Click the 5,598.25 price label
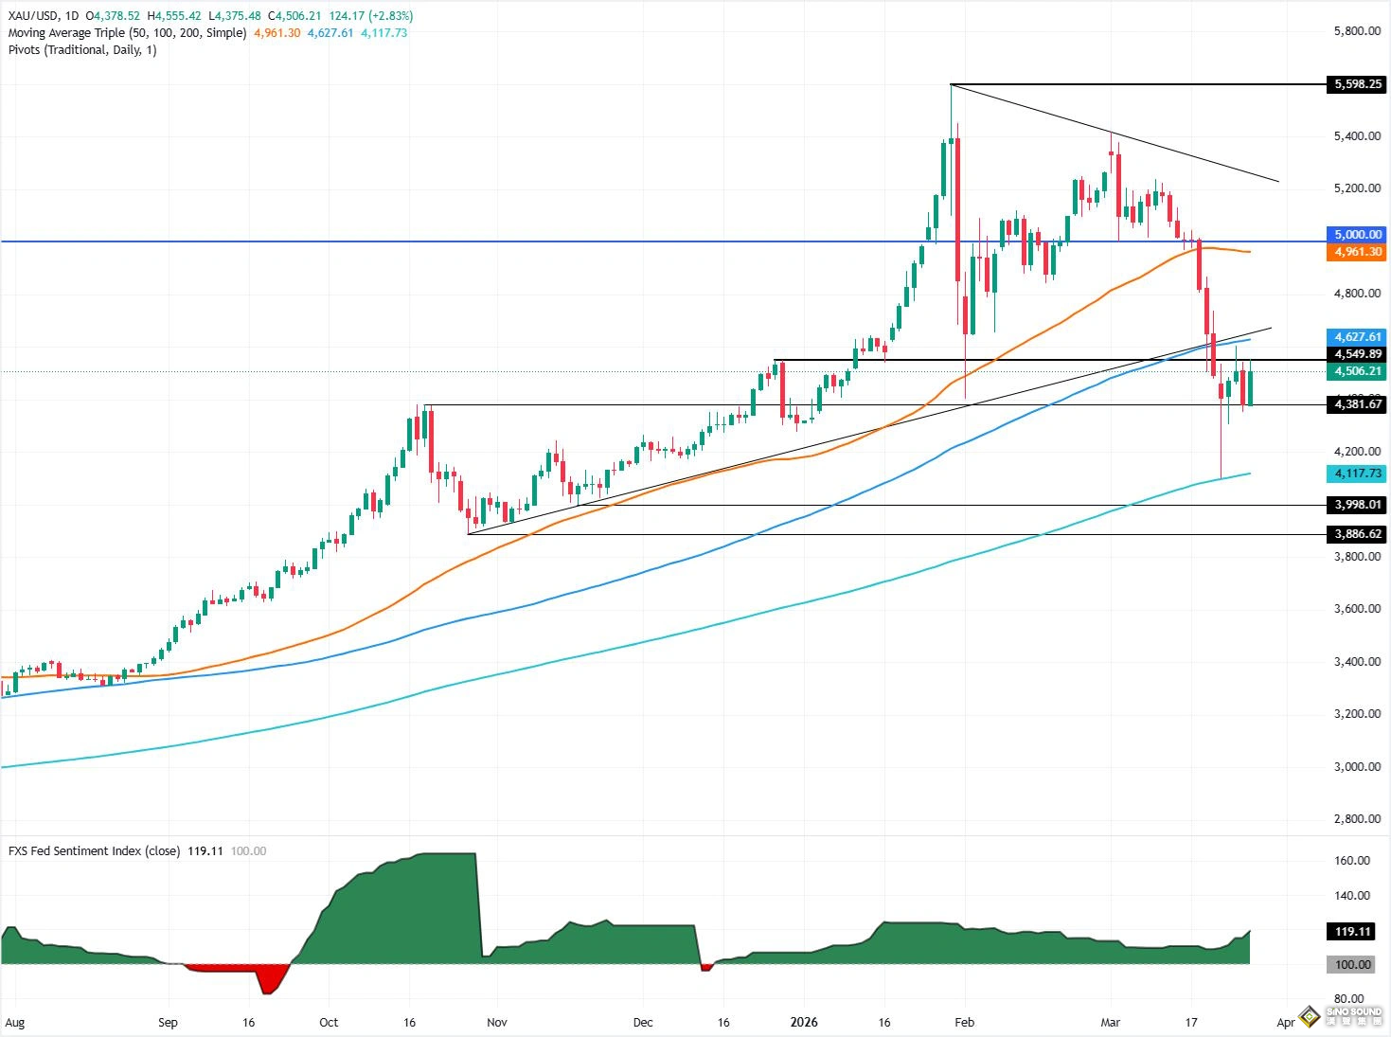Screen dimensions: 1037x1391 pyautogui.click(x=1358, y=84)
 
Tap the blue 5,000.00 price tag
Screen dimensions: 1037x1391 pyautogui.click(x=1358, y=235)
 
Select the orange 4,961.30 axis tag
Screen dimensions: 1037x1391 pyautogui.click(x=1358, y=252)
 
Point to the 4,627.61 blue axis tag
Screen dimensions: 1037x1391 pyautogui.click(x=1358, y=337)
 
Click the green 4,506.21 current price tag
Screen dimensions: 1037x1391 pyautogui.click(x=1358, y=371)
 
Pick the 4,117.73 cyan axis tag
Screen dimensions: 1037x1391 pyautogui.click(x=1358, y=474)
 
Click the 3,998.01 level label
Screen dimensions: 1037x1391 pyautogui.click(x=1358, y=505)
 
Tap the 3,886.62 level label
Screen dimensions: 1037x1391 pyautogui.click(x=1358, y=534)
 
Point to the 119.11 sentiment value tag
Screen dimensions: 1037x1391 pyautogui.click(x=1353, y=932)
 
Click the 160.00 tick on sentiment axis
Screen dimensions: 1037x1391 pyautogui.click(x=1352, y=861)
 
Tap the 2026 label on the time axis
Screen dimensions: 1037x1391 pyautogui.click(x=804, y=1023)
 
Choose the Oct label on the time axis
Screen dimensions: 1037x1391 pyautogui.click(x=329, y=1023)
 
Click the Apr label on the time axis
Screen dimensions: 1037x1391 pyautogui.click(x=1285, y=1023)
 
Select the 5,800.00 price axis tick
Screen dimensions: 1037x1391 pyautogui.click(x=1357, y=31)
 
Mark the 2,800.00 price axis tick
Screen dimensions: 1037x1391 pyautogui.click(x=1357, y=819)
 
